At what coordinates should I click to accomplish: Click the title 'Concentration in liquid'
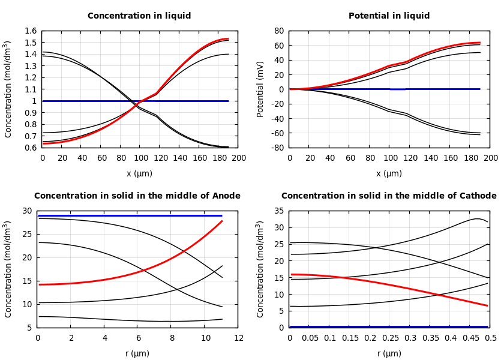139,16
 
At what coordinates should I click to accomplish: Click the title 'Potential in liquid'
389,16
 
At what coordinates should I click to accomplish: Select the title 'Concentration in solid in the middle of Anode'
137,196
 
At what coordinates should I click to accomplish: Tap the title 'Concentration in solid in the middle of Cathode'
389,196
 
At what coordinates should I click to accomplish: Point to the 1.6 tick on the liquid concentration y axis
30,31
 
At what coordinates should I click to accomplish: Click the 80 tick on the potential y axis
278,31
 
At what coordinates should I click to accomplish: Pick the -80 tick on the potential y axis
277,148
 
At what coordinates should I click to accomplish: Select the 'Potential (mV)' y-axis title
260,89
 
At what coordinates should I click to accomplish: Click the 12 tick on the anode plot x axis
239,338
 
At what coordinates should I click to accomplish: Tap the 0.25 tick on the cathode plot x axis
390,338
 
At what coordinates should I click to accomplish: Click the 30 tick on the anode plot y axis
26,211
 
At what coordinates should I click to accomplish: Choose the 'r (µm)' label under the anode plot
137,353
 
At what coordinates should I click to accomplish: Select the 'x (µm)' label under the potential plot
389,173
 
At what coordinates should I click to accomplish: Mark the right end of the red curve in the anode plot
222,221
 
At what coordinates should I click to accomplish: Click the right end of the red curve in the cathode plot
487,305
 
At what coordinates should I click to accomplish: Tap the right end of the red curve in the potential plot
480,43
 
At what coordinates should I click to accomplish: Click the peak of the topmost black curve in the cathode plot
476,218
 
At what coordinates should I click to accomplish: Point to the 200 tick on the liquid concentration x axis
239,158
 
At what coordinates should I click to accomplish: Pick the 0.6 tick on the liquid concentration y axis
30,148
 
